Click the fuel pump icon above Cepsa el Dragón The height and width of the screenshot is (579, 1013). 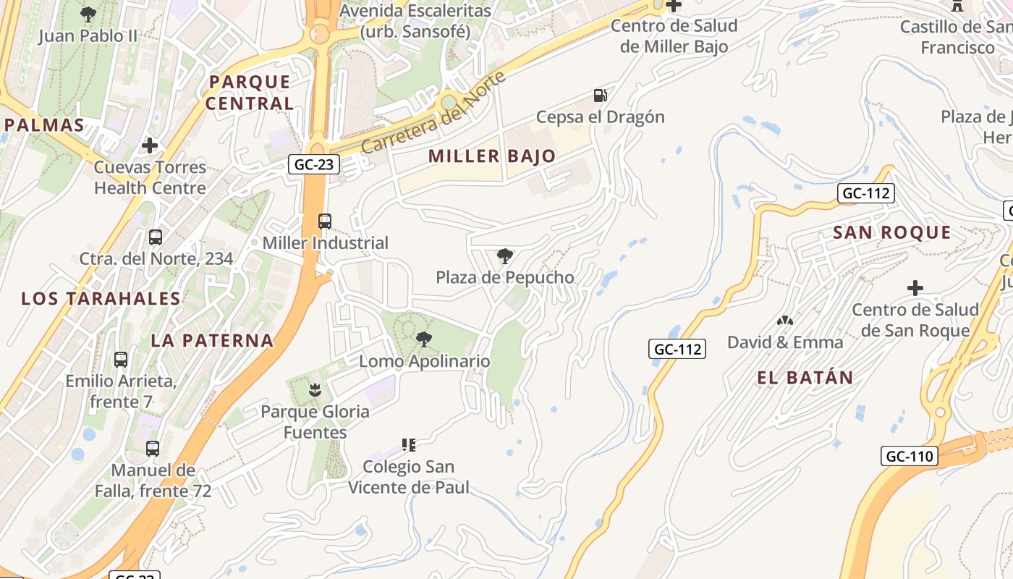(600, 96)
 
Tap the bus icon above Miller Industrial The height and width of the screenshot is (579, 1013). (325, 221)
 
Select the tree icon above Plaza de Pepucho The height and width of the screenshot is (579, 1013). (505, 255)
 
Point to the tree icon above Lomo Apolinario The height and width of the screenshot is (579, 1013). (424, 339)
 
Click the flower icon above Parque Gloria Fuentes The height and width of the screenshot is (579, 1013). (315, 390)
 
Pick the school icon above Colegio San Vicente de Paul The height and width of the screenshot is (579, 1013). (409, 444)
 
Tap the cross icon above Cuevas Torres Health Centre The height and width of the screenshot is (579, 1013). (150, 145)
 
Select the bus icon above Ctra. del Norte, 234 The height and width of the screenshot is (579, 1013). (156, 237)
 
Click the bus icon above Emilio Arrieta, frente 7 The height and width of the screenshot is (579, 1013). (121, 359)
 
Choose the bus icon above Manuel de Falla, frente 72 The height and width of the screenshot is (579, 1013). (153, 449)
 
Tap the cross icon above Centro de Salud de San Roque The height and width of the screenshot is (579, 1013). (915, 288)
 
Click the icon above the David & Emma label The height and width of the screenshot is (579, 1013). (785, 320)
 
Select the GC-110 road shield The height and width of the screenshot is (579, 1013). (910, 456)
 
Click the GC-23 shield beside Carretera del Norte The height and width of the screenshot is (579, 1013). (315, 164)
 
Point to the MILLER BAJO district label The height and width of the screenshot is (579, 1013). (492, 156)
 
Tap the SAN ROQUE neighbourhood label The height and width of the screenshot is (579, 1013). (891, 232)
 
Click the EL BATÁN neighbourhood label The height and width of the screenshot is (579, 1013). (805, 377)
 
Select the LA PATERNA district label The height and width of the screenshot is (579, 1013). (212, 340)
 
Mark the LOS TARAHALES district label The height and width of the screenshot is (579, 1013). (101, 298)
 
